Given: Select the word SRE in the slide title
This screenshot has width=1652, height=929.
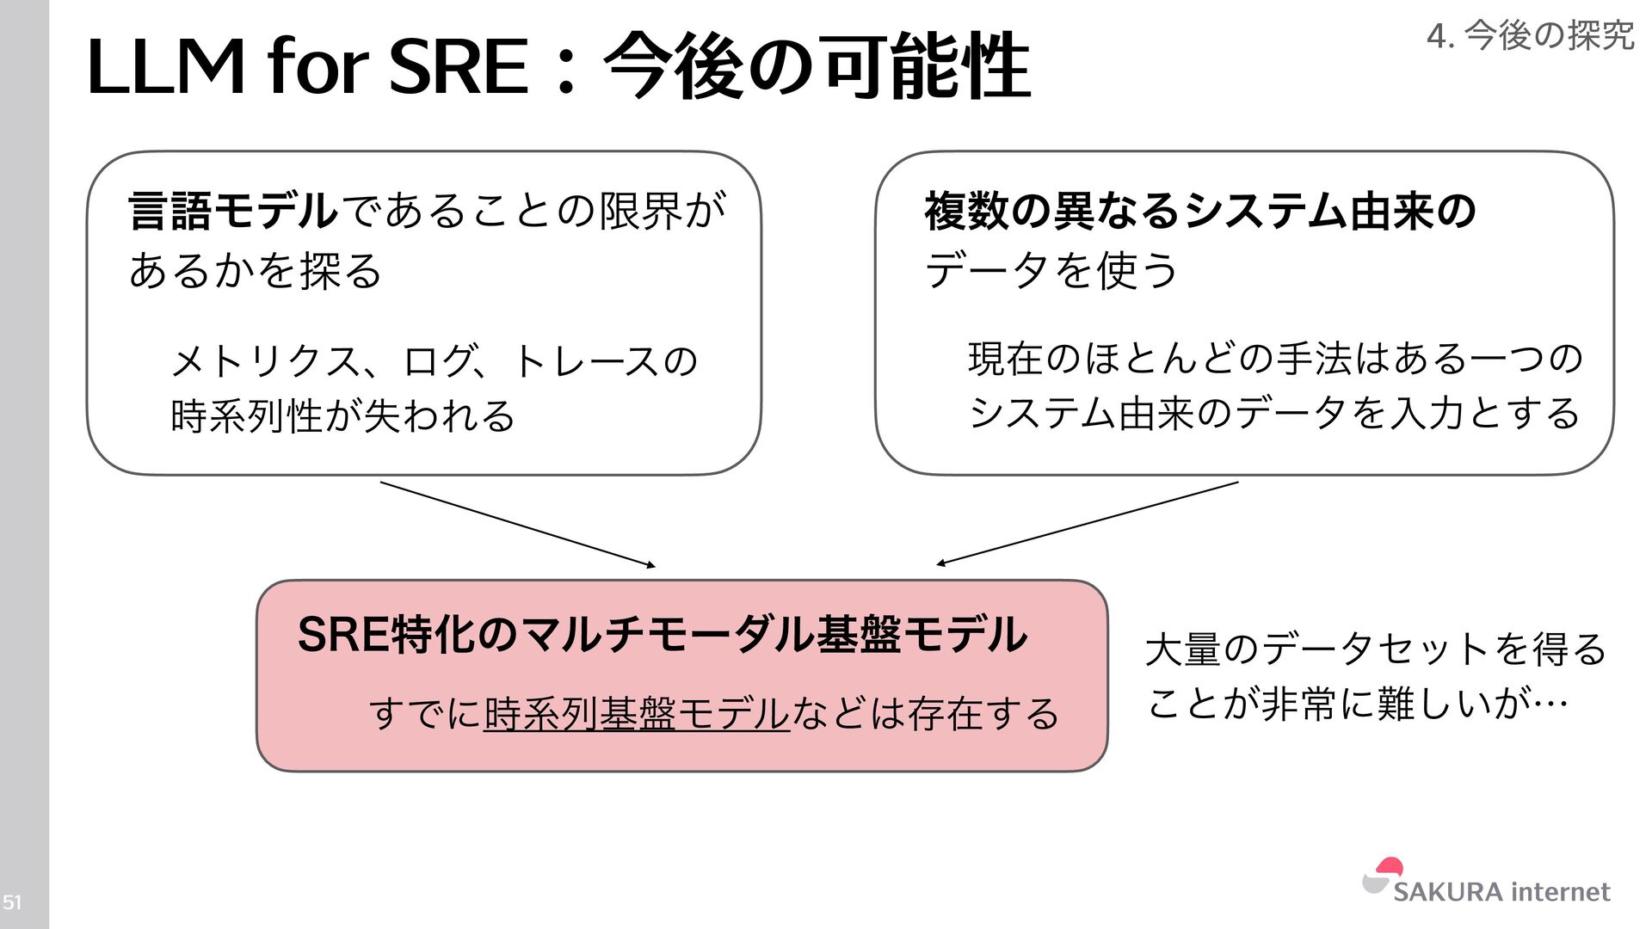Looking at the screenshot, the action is pos(458,67).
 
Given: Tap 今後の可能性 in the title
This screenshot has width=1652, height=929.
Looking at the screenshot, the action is pos(817,67).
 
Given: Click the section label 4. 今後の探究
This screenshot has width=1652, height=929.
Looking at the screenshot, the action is pos(1530,36).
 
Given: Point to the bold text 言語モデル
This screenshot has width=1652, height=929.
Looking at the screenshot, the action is pos(233,211).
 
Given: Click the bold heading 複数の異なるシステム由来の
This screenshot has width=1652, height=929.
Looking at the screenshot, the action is pos(1200,211).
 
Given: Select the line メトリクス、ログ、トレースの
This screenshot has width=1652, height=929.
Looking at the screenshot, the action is pos(435,361).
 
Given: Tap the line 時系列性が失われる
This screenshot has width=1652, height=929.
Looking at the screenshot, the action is pos(342,416).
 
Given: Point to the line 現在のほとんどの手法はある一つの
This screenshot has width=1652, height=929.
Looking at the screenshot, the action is pos(1275,358).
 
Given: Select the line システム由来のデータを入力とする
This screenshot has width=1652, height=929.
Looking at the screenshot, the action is pos(1275,413).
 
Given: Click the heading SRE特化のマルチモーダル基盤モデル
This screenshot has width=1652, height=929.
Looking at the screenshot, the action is pos(662,635).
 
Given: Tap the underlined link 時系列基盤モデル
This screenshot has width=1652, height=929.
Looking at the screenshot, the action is pos(636,714).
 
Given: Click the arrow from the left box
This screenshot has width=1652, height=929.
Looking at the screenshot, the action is pos(517,524).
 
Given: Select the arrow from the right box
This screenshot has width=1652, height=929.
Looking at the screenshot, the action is pos(1088,523).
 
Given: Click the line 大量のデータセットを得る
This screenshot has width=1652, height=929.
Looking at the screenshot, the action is pos(1376,649).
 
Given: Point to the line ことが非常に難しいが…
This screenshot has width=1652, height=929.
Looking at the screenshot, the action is pos(1358,704).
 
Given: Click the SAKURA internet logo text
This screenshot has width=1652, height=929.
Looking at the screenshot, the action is pos(1501,891).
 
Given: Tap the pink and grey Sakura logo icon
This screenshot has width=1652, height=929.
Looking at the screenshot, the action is pos(1383,877).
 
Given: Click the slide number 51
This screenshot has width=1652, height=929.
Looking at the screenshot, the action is pos(12,902).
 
